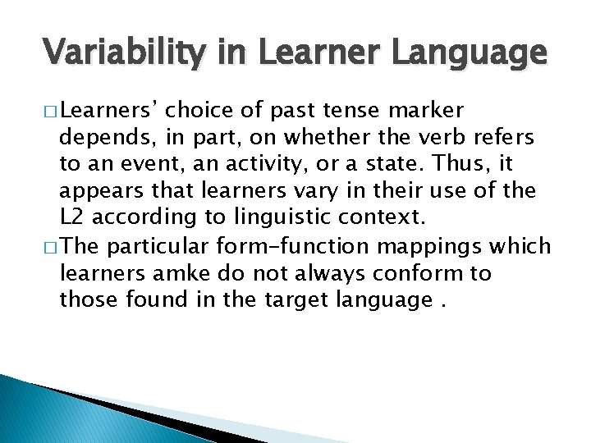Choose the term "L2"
click(72, 218)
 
